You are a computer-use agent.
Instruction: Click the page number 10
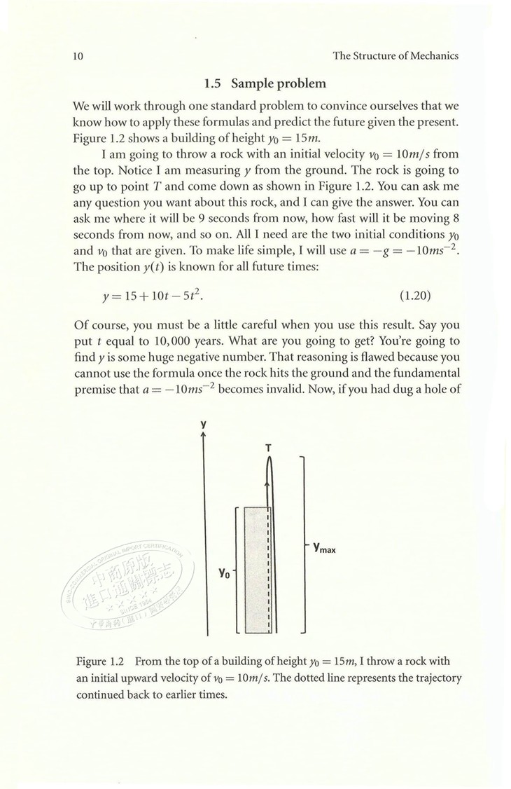tap(78, 56)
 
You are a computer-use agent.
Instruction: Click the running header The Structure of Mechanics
tap(395, 56)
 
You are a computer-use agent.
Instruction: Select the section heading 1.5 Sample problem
tap(265, 84)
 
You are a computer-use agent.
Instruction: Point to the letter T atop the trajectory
tap(269, 447)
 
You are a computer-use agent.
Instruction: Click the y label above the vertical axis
tap(204, 424)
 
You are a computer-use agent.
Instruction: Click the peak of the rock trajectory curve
tap(269, 459)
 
